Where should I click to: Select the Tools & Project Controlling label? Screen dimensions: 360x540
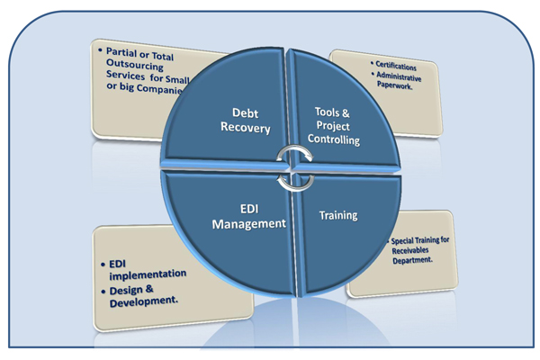point(337,125)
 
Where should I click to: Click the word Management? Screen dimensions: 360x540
point(249,222)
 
